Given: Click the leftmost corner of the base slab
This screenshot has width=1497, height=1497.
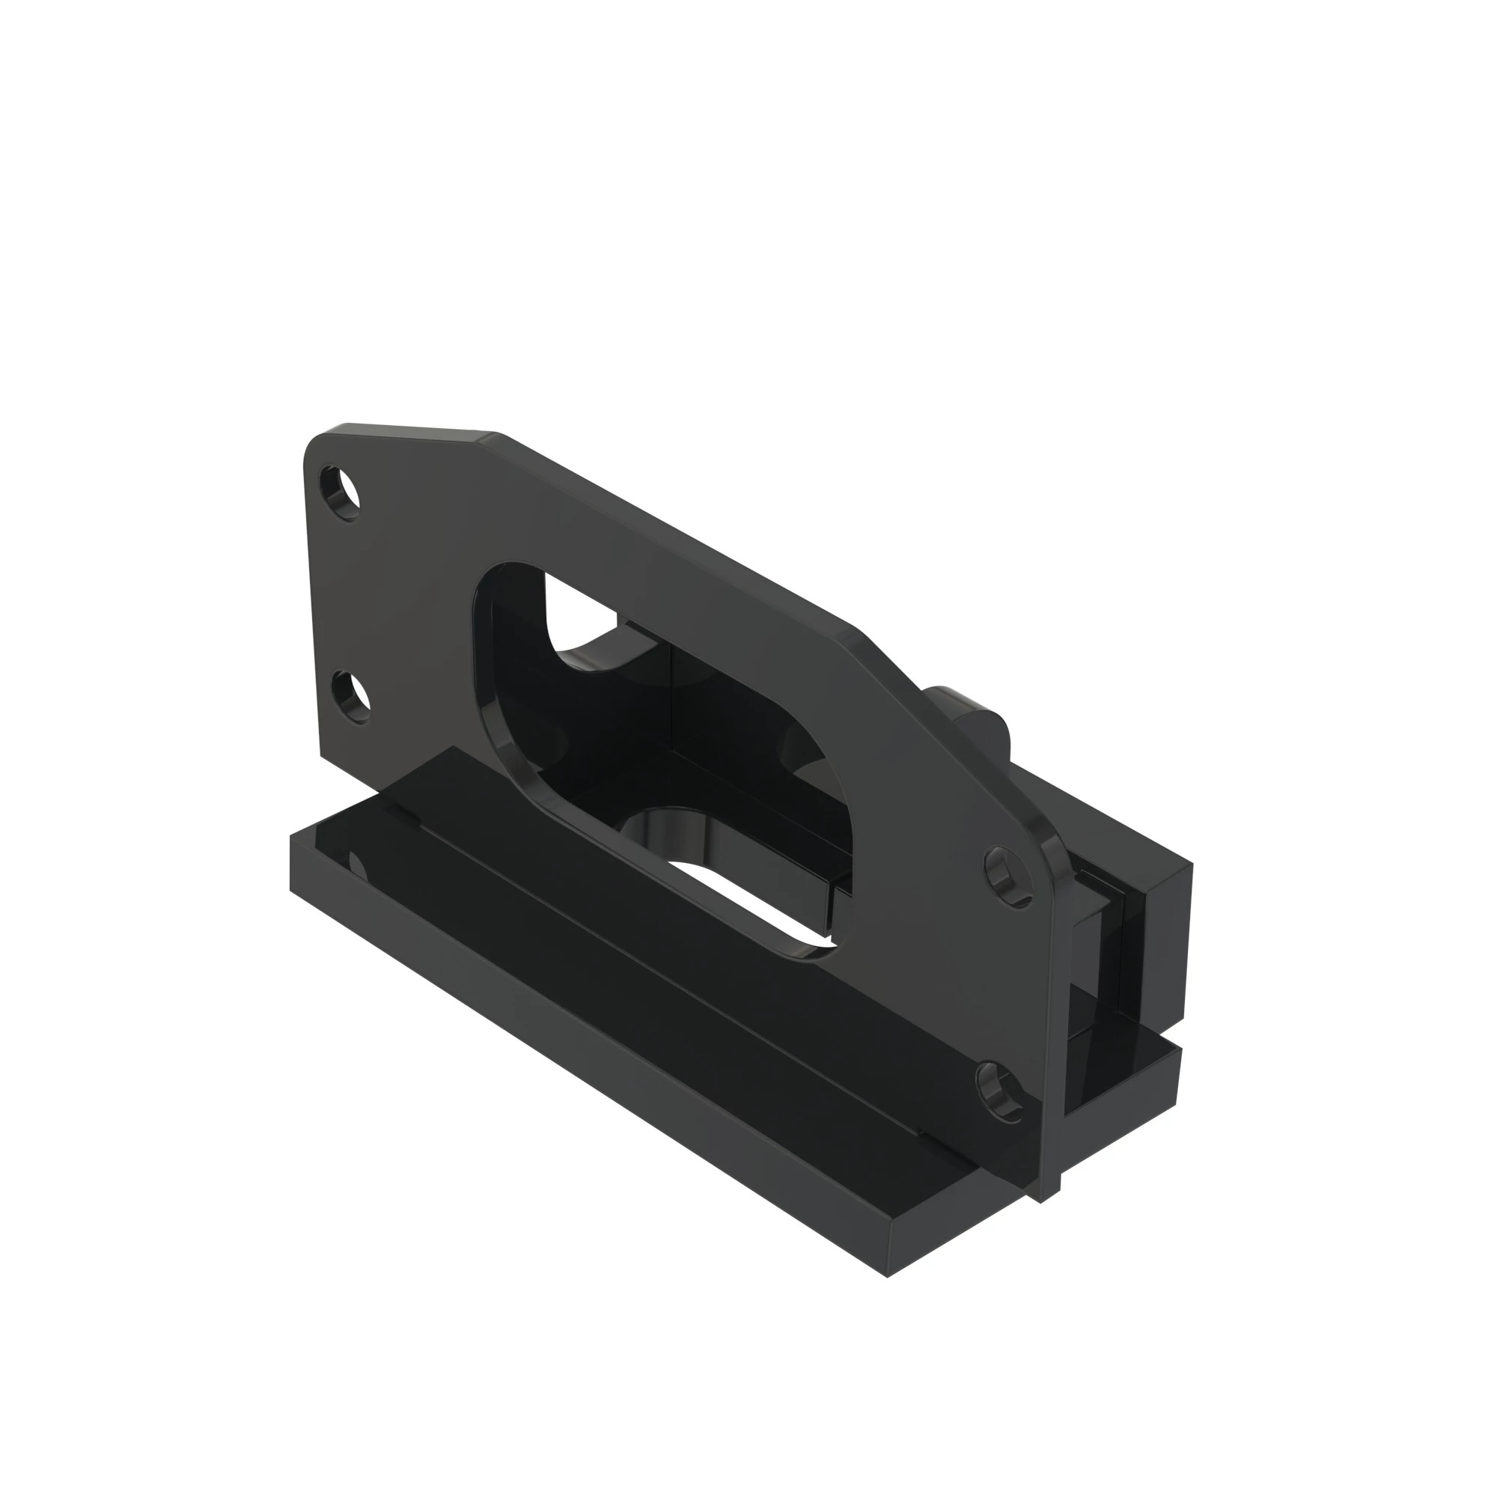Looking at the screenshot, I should [x=290, y=837].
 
